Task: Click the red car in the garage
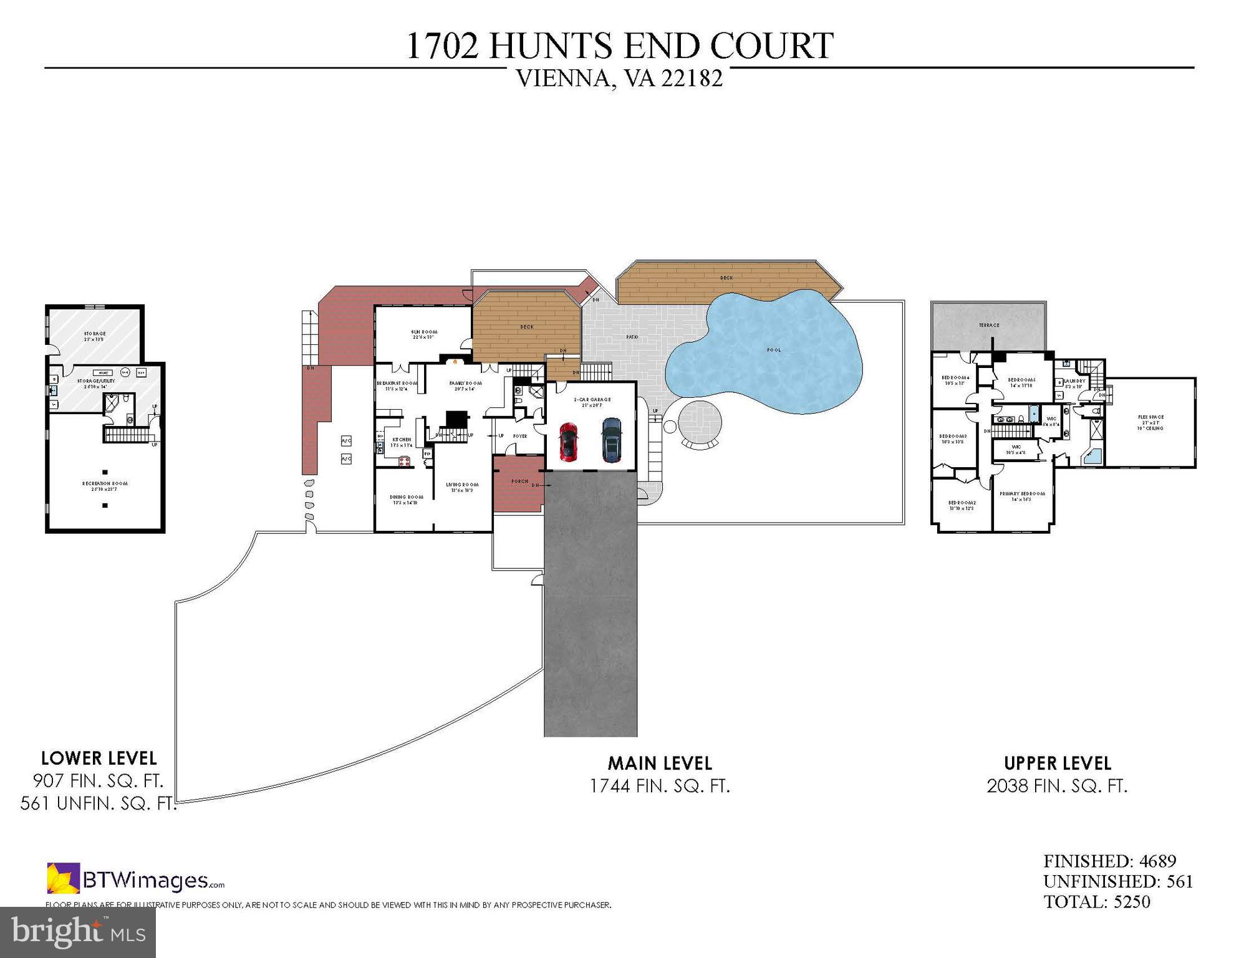point(568,442)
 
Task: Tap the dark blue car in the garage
point(612,440)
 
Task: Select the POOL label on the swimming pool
point(774,350)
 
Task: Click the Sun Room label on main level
point(424,332)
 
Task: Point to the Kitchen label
point(402,440)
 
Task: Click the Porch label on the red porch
point(519,481)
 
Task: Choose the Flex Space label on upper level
point(1150,417)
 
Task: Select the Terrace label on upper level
point(989,325)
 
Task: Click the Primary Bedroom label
point(1022,493)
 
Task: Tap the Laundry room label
point(1075,381)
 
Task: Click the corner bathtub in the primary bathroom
point(1092,457)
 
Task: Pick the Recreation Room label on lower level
point(105,483)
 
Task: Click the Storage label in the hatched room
point(95,334)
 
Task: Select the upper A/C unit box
point(347,441)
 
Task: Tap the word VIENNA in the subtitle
point(562,79)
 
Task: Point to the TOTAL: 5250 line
point(1096,902)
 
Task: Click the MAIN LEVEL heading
point(660,763)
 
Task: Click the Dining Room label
point(407,497)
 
